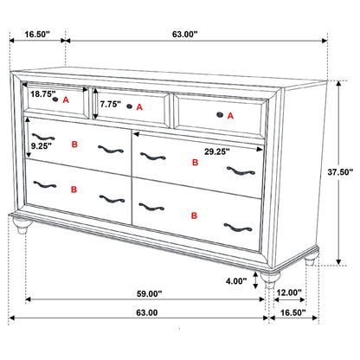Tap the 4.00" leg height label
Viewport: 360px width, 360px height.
pyautogui.click(x=241, y=280)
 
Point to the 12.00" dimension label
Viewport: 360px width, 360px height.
pyautogui.click(x=289, y=292)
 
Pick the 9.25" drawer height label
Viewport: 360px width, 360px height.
pyautogui.click(x=41, y=145)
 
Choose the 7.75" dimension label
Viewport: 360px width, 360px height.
pyautogui.click(x=111, y=104)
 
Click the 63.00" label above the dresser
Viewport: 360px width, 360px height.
pyautogui.click(x=184, y=35)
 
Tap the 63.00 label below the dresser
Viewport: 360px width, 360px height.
pyautogui.click(x=145, y=313)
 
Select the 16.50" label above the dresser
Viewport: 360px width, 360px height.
pyautogui.click(x=35, y=35)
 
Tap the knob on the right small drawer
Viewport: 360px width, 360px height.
pyautogui.click(x=219, y=114)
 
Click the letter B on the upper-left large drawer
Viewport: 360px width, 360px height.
pyautogui.click(x=74, y=145)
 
